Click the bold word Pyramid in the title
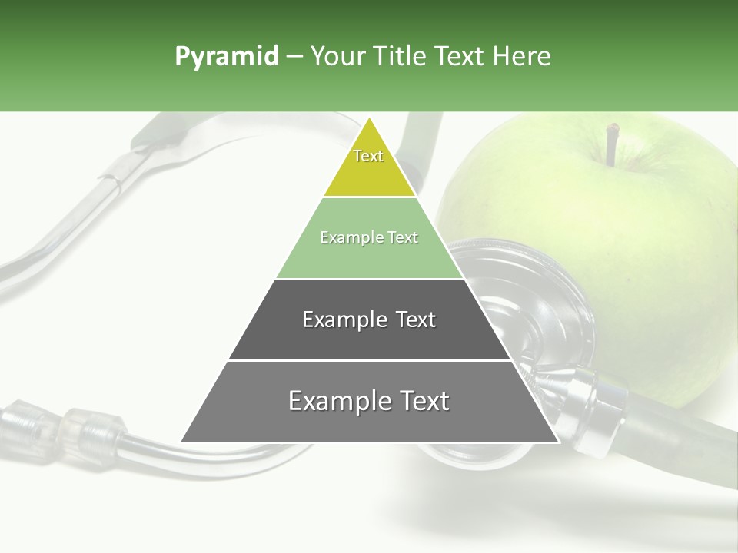[226, 57]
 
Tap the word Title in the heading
[399, 57]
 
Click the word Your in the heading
[336, 57]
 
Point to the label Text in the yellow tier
[368, 156]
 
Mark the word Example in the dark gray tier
[335, 320]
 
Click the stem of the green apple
[612, 144]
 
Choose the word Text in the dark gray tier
[416, 320]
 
